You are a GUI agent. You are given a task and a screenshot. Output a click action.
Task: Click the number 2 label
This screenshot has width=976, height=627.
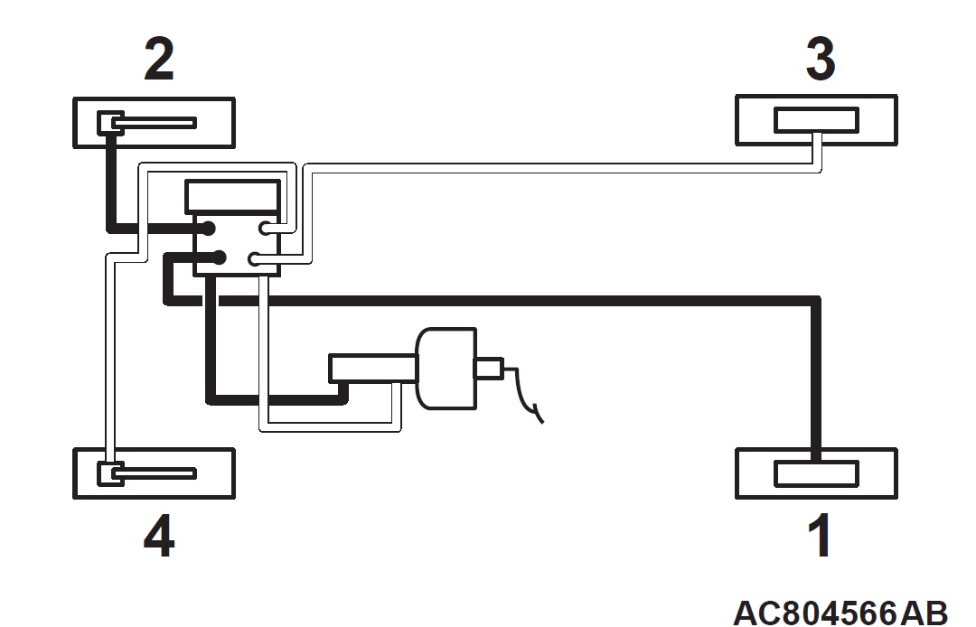[x=159, y=59]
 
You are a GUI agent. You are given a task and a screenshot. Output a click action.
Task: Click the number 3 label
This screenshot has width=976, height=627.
[x=821, y=59]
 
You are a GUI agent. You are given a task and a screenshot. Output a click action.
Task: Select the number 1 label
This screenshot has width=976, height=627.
[x=821, y=535]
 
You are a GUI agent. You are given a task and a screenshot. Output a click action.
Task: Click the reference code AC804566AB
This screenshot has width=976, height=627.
[x=840, y=613]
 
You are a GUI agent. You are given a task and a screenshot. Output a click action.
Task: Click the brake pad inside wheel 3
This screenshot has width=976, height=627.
[x=817, y=120]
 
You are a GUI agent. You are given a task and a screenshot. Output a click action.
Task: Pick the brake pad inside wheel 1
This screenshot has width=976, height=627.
[x=817, y=473]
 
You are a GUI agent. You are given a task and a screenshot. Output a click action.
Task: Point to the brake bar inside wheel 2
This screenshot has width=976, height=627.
[x=155, y=123]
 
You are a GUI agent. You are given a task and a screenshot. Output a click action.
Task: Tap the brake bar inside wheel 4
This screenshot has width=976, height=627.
[x=155, y=474]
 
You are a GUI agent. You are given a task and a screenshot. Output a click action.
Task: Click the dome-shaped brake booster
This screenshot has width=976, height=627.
[x=446, y=369]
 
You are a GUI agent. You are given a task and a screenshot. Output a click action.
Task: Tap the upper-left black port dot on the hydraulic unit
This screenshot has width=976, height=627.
[x=207, y=229]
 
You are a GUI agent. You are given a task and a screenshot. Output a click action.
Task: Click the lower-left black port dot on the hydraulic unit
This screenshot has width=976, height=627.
[x=218, y=257]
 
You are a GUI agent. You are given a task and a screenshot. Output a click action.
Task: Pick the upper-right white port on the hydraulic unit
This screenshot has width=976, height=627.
[x=267, y=229]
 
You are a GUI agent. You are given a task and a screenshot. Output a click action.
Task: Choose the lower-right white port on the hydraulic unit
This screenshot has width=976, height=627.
[x=255, y=258]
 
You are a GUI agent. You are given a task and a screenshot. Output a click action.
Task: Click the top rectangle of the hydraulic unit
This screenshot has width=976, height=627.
[x=233, y=197]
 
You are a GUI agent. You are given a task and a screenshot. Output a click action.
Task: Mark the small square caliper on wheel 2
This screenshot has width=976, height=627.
[x=110, y=123]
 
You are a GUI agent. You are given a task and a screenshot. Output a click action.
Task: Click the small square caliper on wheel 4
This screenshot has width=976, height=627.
[x=110, y=474]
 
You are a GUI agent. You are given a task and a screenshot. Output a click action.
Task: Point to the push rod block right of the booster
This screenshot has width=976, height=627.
[x=489, y=368]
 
